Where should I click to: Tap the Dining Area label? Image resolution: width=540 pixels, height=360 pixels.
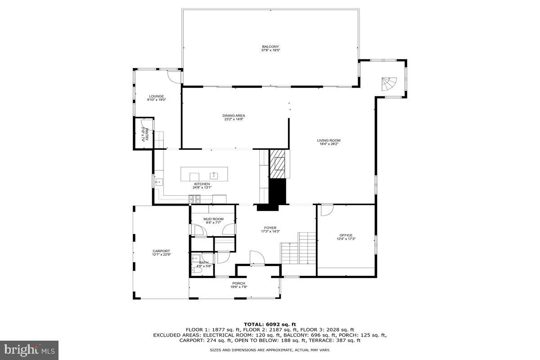point(234,116)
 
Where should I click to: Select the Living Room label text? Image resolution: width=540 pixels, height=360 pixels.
point(328,140)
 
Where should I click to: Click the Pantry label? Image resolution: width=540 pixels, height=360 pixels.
point(144,135)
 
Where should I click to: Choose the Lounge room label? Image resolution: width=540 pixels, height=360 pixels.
point(157,96)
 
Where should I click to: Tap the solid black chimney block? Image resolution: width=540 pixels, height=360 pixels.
point(279,193)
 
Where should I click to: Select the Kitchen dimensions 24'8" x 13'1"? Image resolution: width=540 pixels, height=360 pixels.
point(202,188)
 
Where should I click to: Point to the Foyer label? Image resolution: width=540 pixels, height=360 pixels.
point(270,228)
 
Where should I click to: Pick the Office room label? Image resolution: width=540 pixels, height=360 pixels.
point(346,235)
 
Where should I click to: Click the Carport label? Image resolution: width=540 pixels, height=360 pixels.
point(161,251)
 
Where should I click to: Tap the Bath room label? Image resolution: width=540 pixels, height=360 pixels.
point(204,263)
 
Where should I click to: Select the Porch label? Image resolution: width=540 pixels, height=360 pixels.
point(238,283)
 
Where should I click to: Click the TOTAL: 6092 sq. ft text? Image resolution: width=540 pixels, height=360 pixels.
point(270,324)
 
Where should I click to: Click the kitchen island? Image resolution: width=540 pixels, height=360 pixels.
point(204,174)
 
